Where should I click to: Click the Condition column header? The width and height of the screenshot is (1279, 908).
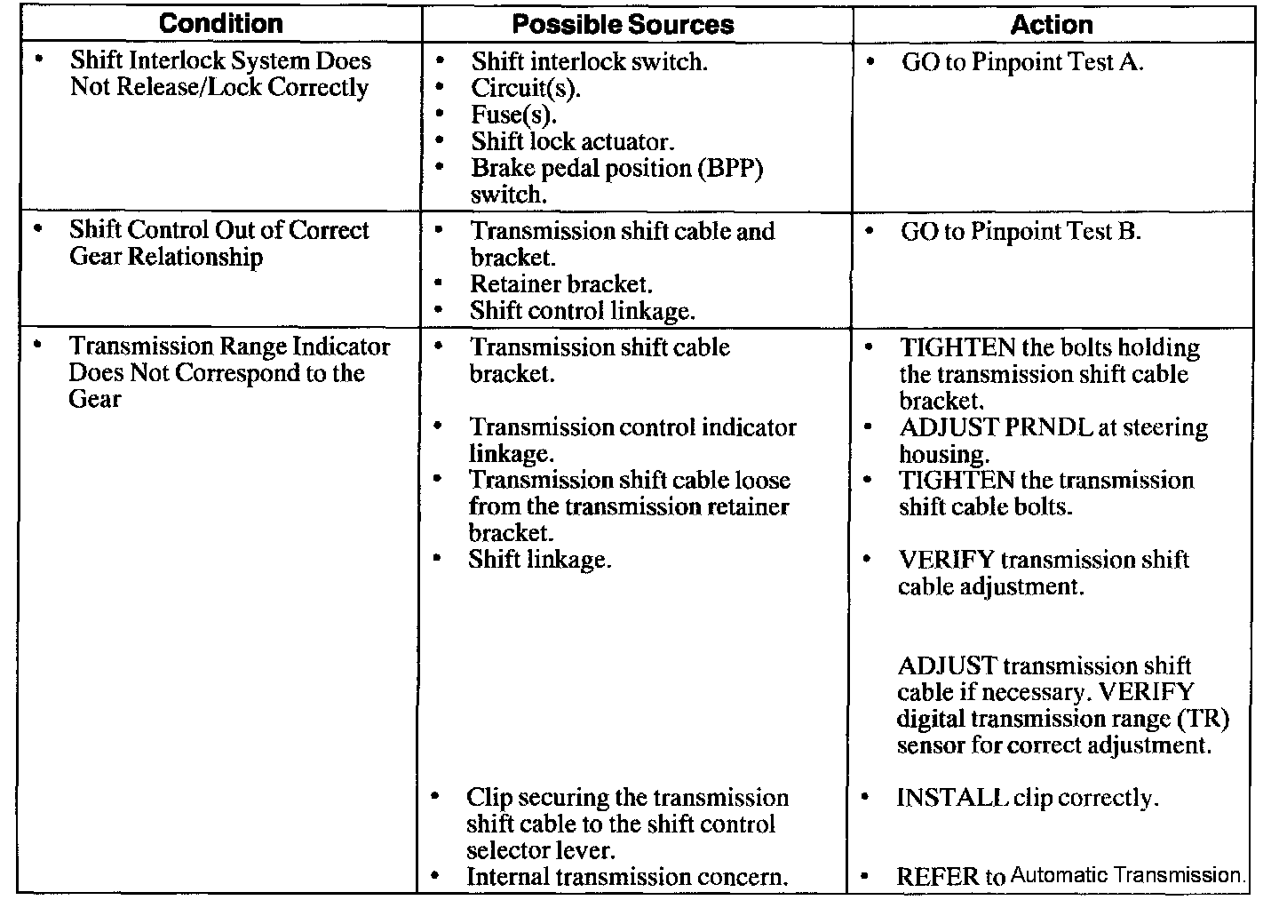point(220,23)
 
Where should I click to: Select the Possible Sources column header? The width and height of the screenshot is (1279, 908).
point(623,24)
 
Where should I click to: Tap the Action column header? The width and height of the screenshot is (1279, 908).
point(1052,24)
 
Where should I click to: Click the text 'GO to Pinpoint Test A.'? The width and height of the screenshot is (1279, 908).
point(1021,62)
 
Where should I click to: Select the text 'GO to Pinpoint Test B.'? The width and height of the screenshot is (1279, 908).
point(1021,232)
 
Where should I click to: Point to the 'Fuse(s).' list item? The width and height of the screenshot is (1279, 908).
point(514,115)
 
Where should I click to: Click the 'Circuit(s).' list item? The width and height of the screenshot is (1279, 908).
point(526,88)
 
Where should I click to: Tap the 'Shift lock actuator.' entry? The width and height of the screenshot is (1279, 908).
point(573,141)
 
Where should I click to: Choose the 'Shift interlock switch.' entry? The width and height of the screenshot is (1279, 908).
point(589,61)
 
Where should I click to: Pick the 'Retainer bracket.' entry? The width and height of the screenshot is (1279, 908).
point(561,284)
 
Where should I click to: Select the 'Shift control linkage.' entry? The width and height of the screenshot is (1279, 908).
point(582,311)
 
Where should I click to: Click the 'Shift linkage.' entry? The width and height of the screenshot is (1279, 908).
point(540,560)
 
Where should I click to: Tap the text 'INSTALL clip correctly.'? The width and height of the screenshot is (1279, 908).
point(1028,798)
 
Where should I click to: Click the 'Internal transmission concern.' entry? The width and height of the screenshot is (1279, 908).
point(627,877)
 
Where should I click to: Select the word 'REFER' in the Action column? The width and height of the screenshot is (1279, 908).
point(937,877)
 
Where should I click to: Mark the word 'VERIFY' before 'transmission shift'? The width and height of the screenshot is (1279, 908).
point(947,560)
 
